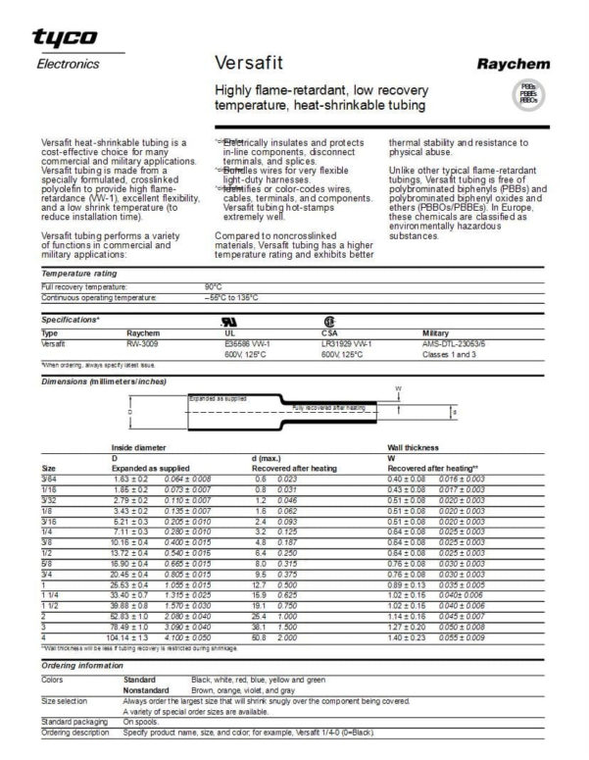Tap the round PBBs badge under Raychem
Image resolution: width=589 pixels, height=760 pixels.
point(527,95)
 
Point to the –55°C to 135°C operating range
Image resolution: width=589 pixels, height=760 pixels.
point(232,296)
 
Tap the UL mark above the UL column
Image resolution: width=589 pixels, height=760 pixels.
point(231,321)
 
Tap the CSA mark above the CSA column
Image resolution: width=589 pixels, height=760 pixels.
point(328,321)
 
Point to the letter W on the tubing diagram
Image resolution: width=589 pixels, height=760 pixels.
point(398,387)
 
